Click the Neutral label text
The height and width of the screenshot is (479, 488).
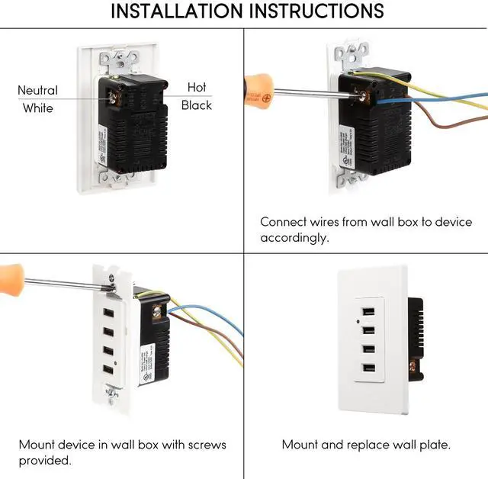point(37,91)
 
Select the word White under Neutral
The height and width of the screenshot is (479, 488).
point(37,108)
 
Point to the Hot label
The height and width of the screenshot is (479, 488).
point(196,88)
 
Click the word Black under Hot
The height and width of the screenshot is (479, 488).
point(196,105)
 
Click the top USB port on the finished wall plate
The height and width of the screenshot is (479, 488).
point(368,313)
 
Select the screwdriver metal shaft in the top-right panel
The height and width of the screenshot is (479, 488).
point(313,92)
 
